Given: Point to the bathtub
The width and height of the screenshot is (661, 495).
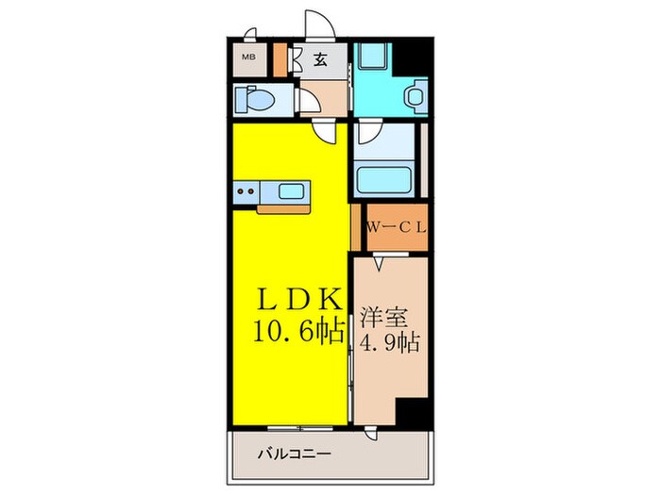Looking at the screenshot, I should (387, 177).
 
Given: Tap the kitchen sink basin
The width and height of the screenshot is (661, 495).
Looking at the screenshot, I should (291, 192).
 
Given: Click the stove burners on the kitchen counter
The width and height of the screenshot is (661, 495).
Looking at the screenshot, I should (248, 192).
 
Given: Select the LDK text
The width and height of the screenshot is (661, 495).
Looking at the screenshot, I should (299, 300).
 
